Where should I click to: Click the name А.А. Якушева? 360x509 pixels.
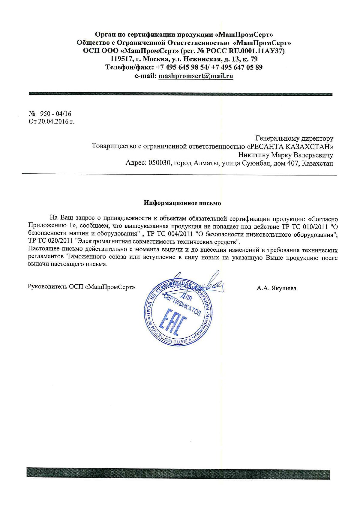[276, 289]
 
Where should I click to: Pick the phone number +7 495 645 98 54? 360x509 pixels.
[183, 67]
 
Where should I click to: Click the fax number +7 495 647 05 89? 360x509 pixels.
[239, 67]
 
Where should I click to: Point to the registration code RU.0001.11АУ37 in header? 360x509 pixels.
[256, 50]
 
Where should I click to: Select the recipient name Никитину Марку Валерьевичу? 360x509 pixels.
[286, 155]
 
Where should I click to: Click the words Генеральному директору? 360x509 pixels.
[294, 138]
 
